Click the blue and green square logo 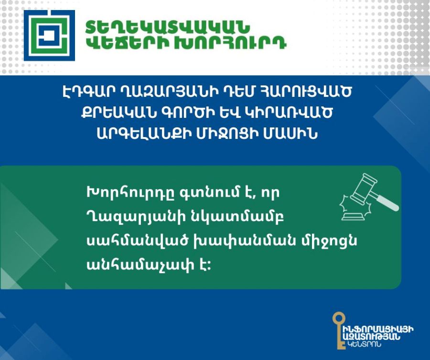(x=49, y=35)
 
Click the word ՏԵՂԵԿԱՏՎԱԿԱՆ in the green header (x=168, y=27)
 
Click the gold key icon (x=339, y=330)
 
